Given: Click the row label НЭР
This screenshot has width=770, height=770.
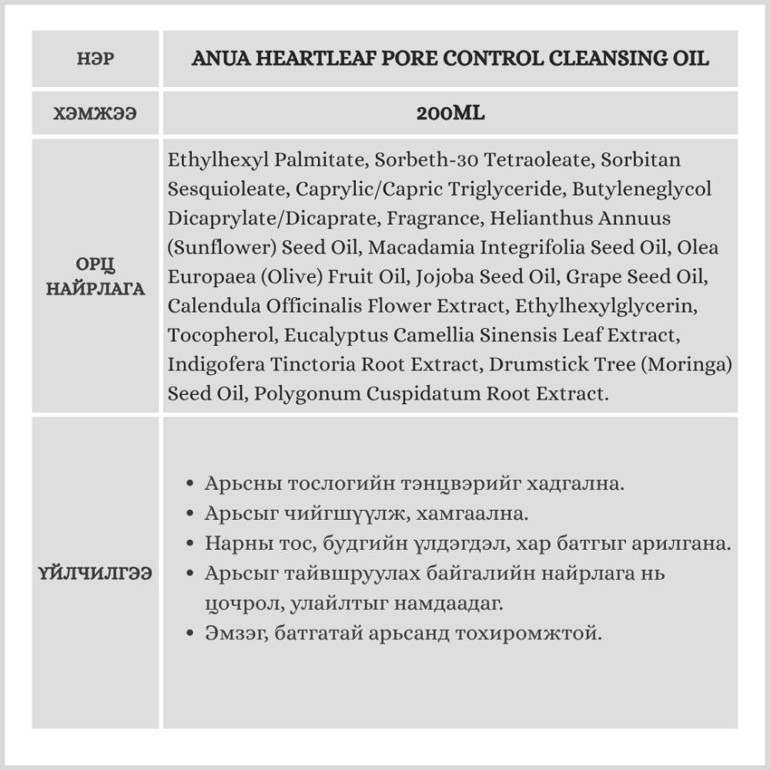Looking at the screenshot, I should (x=95, y=59).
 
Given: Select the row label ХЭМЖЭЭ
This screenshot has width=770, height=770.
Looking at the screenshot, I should (x=95, y=114).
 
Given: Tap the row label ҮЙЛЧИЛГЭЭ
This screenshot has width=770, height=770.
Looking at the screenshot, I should (x=95, y=574).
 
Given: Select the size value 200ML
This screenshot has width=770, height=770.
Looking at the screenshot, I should (x=450, y=114).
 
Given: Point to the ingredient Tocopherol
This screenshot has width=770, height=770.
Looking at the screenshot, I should (x=223, y=335).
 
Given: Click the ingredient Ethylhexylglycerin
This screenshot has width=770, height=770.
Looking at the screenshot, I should (x=606, y=306).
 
